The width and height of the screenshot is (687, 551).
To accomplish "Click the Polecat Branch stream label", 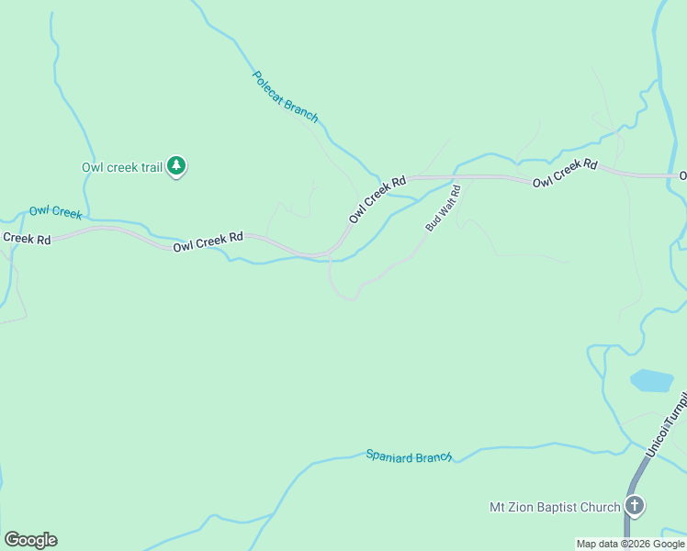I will (x=285, y=96).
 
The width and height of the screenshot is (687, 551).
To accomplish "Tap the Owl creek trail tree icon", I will (x=176, y=166).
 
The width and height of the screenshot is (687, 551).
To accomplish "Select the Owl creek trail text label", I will (x=121, y=167).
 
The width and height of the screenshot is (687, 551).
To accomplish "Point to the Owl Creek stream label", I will (x=55, y=212).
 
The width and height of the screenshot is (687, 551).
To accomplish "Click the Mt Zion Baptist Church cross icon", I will (x=634, y=505).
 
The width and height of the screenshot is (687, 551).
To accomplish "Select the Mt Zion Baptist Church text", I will (x=555, y=506).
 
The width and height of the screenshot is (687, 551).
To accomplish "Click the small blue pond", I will (x=651, y=380).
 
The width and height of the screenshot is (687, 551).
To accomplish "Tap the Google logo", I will (x=30, y=540).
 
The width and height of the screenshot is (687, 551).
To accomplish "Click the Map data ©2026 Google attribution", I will (x=630, y=544).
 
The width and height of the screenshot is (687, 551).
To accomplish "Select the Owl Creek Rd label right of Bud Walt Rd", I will (x=565, y=174).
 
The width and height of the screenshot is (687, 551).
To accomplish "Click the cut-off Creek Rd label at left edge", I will (x=25, y=238).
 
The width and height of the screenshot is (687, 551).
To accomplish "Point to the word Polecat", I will (x=270, y=85).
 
